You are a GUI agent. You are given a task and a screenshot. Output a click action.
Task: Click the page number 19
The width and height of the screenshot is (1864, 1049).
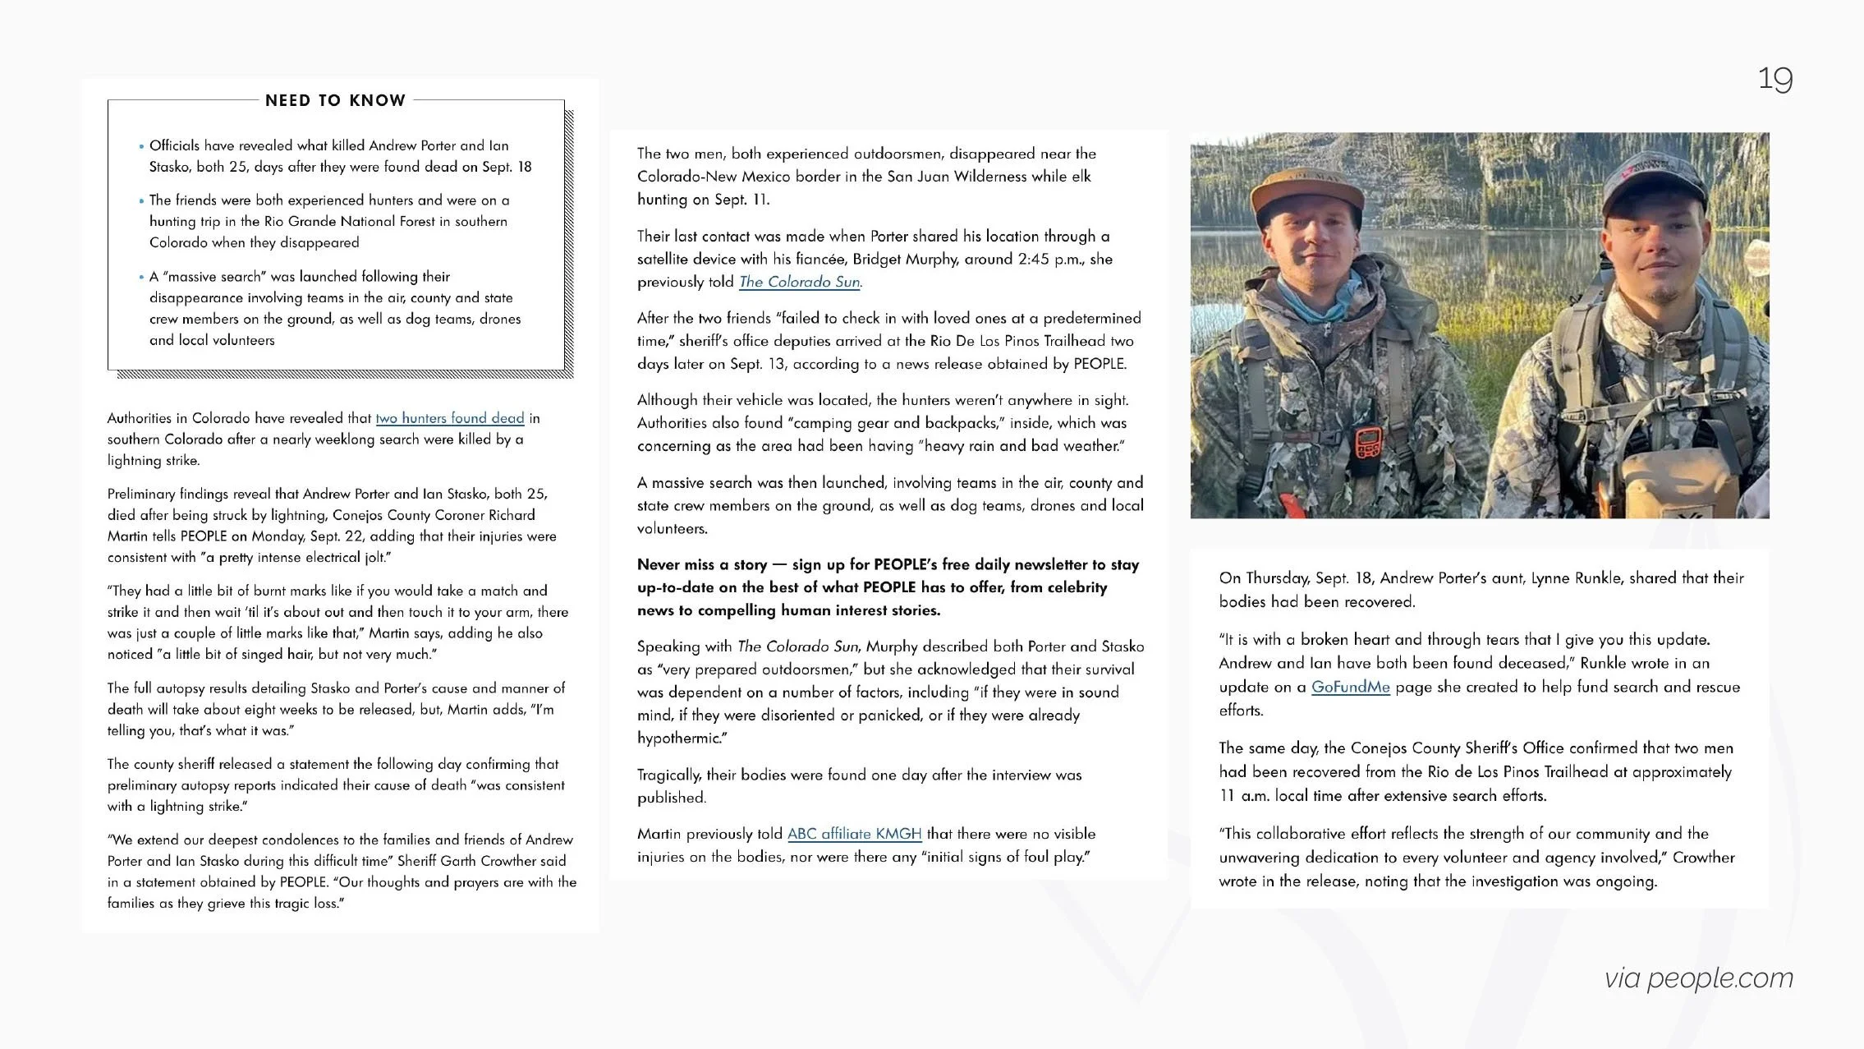(1774, 80)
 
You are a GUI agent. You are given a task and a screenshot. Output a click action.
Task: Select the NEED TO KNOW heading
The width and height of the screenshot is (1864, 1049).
(335, 100)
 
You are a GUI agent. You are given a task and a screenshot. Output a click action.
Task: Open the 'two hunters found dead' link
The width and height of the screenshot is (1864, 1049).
(449, 418)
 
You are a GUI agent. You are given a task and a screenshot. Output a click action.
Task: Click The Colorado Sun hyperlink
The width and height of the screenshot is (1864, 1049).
(799, 282)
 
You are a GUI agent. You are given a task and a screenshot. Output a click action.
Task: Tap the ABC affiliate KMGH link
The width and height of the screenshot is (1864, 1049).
(854, 834)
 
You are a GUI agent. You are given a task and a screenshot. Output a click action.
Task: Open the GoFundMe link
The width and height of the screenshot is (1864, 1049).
(1350, 687)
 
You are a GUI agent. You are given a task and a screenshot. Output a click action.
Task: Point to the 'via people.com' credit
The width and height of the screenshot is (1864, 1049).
(1698, 978)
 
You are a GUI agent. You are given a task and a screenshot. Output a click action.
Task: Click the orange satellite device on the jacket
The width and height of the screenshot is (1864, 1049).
(1367, 444)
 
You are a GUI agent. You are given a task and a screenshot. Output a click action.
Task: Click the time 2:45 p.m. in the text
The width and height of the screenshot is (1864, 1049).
(1049, 259)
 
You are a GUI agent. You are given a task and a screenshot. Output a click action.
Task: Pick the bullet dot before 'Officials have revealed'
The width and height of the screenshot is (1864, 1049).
(141, 146)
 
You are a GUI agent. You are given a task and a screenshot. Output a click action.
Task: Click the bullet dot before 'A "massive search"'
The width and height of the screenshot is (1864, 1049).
(141, 277)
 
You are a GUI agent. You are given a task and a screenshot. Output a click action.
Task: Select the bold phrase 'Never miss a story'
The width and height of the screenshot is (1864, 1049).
(702, 564)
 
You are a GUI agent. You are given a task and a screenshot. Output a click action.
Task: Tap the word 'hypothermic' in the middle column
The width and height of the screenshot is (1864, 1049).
(678, 738)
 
